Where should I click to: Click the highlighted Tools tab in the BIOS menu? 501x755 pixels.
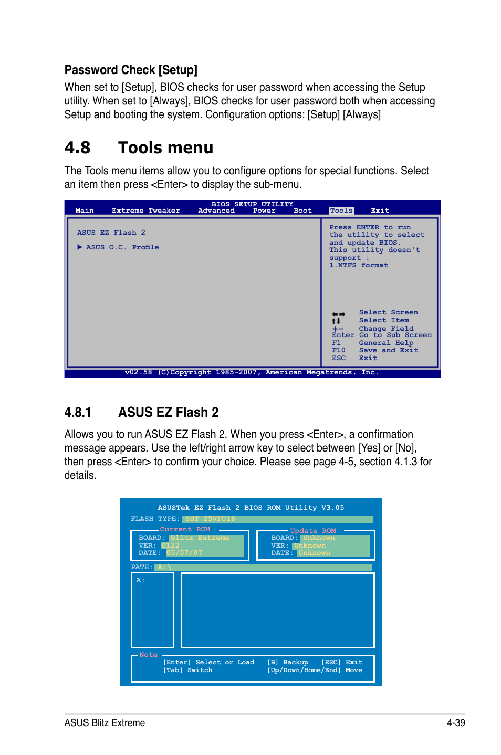(x=341, y=211)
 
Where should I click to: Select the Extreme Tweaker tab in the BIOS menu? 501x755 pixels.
(x=145, y=211)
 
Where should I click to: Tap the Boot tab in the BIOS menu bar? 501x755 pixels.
(x=302, y=211)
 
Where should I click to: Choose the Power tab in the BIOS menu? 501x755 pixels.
(x=264, y=211)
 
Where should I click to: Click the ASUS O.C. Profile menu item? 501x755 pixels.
(x=122, y=247)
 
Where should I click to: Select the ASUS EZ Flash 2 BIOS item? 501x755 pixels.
(x=111, y=233)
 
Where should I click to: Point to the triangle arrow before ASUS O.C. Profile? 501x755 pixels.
(x=80, y=247)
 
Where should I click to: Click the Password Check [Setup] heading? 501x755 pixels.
(x=131, y=70)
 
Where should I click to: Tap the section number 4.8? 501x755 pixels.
(x=77, y=148)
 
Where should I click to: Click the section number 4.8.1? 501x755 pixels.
(x=78, y=413)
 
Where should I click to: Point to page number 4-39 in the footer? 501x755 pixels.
(x=456, y=722)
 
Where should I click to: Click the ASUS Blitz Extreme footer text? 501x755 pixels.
(x=105, y=722)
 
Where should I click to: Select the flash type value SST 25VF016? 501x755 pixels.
(x=210, y=519)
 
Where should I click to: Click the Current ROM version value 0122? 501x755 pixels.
(x=171, y=546)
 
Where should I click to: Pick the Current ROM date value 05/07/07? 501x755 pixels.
(x=184, y=553)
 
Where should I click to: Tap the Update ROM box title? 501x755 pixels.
(x=312, y=531)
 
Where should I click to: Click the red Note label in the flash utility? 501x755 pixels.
(x=148, y=655)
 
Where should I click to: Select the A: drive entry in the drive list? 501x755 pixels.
(x=140, y=580)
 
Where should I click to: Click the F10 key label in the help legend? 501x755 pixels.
(x=338, y=350)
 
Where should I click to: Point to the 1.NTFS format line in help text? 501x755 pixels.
(x=359, y=265)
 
